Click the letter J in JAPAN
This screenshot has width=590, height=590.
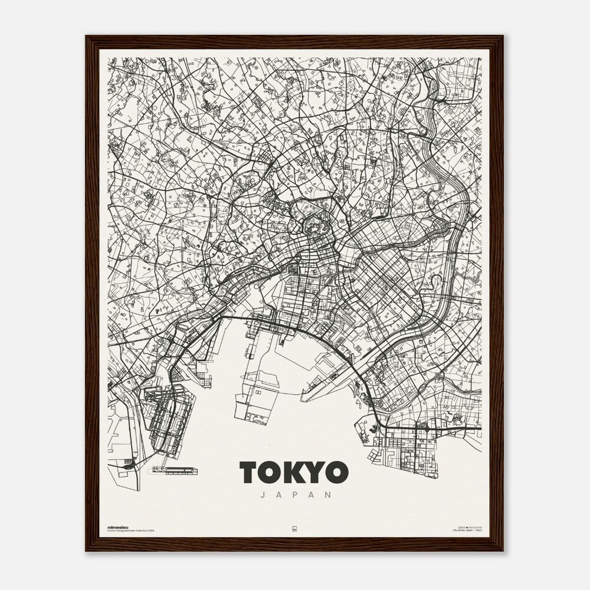pos(263,495)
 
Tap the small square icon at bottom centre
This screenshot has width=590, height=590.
pos(294,529)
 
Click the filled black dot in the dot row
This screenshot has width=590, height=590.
pos(466,527)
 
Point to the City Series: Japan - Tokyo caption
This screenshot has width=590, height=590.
pos(467,531)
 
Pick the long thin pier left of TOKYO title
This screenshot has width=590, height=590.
pos(175,470)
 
